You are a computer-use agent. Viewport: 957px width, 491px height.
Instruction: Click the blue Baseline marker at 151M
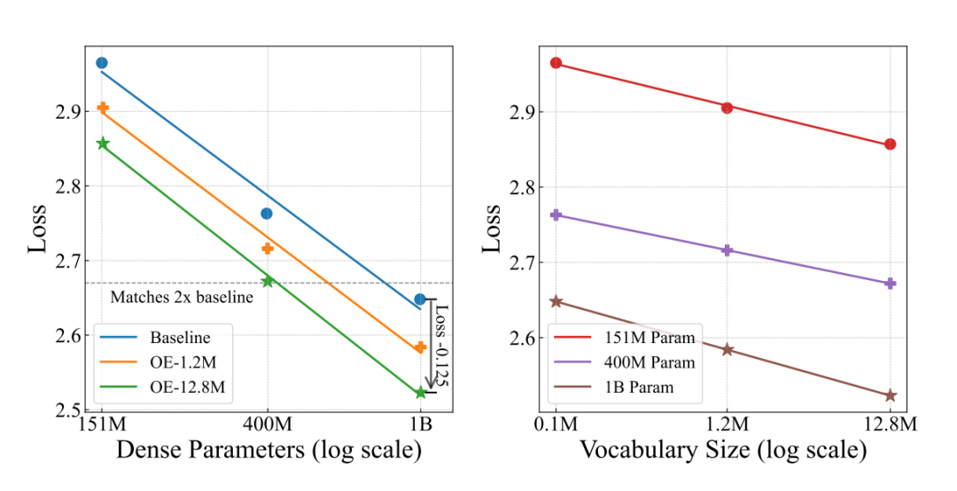(102, 63)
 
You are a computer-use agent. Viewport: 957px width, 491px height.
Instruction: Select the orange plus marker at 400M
(268, 248)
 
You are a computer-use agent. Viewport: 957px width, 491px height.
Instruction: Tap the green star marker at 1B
(420, 392)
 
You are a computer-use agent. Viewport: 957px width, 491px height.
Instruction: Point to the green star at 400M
(268, 281)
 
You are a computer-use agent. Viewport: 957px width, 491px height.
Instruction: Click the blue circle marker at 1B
(420, 300)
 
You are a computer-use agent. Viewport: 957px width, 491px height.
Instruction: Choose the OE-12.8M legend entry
(183, 386)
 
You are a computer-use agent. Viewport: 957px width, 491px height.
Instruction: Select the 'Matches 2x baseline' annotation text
(182, 298)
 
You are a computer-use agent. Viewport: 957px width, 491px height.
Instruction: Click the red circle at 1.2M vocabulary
(727, 107)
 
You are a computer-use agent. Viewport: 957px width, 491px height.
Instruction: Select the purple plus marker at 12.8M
(891, 284)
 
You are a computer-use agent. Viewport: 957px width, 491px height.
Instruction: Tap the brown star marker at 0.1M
(556, 301)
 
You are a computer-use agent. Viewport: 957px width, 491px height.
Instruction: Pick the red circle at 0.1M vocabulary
(556, 63)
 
